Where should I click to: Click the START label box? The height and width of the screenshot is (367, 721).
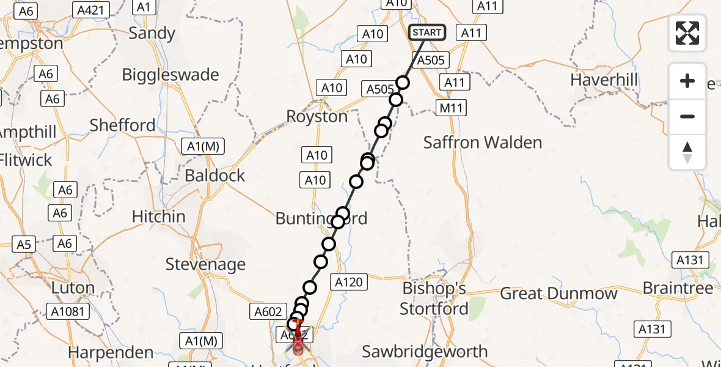(x=426, y=32)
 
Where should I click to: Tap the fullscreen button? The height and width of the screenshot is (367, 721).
(x=687, y=33)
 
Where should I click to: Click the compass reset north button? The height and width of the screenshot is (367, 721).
(x=687, y=152)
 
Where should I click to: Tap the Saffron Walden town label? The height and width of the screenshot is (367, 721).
(x=483, y=143)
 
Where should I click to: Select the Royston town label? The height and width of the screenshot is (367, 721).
(x=317, y=116)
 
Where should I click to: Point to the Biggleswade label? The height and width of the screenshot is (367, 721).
(x=170, y=75)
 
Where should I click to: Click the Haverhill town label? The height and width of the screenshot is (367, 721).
(x=604, y=80)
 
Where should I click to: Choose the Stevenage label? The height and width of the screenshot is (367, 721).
(x=205, y=264)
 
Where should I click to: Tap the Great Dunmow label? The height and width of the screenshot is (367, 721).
(x=558, y=294)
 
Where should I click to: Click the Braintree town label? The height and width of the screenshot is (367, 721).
(x=678, y=288)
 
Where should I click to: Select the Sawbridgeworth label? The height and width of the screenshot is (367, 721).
(x=425, y=352)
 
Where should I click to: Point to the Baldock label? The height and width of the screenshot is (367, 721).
(x=214, y=176)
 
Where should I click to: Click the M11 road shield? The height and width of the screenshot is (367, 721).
(x=452, y=108)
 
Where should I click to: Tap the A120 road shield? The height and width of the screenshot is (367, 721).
(x=349, y=282)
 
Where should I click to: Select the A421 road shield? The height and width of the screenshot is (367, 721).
(x=91, y=9)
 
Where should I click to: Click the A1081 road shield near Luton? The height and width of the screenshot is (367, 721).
(x=69, y=311)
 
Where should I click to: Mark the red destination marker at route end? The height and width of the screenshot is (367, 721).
(x=298, y=346)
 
